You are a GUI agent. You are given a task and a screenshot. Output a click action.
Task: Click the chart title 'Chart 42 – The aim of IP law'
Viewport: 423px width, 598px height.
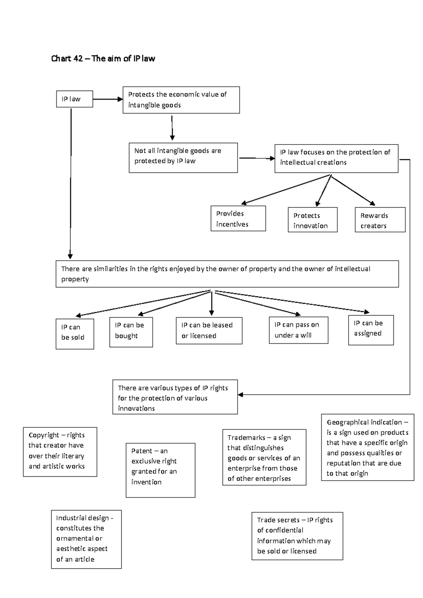pos(103,59)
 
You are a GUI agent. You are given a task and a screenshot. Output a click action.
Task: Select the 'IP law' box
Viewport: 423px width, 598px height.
pos(74,99)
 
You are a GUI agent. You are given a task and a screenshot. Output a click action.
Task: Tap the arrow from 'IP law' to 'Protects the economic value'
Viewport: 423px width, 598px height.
pos(108,99)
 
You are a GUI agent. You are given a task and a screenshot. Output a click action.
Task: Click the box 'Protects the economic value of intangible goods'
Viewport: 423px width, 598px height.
pos(181,100)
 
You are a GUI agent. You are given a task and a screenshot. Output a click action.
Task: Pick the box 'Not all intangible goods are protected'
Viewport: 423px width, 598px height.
pos(183,158)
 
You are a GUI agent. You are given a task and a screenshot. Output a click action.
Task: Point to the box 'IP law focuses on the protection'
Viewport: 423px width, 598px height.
pos(336,158)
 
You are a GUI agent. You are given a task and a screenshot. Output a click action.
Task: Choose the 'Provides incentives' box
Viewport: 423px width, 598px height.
pos(238,219)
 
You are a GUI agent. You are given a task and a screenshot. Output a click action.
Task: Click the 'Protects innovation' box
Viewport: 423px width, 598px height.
pos(312,220)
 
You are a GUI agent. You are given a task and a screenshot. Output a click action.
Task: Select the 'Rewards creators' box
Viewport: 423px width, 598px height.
pos(380,220)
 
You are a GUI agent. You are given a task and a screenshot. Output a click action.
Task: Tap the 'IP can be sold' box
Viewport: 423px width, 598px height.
pos(75,334)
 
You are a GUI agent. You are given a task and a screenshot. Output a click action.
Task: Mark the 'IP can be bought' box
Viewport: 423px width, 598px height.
pos(131,332)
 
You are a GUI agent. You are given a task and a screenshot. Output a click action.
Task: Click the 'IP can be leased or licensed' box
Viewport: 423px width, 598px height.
pos(209,330)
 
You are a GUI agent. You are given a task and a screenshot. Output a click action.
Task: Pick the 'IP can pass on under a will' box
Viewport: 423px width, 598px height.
pos(298,330)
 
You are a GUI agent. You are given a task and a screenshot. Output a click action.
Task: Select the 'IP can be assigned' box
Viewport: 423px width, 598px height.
pos(370,330)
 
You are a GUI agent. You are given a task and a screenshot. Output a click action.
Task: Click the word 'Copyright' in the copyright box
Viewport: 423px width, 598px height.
pos(44,435)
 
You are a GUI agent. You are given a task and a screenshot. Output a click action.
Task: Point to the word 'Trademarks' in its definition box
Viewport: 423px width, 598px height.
pos(246,438)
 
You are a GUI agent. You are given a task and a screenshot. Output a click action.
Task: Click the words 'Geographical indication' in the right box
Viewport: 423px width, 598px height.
pos(364,422)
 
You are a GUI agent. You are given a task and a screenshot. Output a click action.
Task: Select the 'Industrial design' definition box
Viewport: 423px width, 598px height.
pos(86,539)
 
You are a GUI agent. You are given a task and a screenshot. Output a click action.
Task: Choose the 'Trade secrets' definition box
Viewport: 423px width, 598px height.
pos(297,536)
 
